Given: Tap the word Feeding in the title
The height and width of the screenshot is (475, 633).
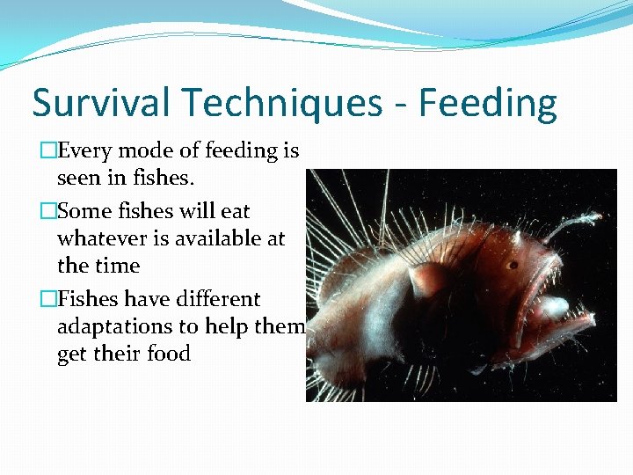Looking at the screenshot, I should click(488, 104).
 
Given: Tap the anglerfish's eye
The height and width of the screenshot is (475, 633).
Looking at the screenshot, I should click(512, 265).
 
